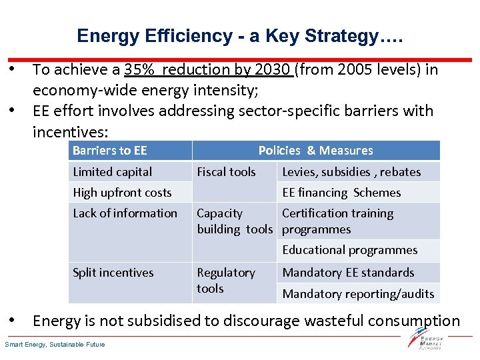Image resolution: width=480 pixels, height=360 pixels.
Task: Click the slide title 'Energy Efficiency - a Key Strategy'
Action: [239, 36]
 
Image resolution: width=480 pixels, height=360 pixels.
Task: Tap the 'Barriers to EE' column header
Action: [110, 151]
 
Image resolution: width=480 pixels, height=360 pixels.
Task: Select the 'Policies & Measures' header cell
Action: [315, 151]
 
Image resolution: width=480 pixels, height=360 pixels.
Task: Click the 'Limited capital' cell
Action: [112, 172]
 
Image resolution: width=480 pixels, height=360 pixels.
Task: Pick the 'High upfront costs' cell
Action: [122, 193]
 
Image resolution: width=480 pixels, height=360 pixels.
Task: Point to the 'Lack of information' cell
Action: [125, 213]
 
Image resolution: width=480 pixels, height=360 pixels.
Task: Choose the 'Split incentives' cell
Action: [113, 273]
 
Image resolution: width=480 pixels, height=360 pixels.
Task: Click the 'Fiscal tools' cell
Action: [226, 172]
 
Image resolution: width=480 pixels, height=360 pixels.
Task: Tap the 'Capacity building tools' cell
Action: [235, 221]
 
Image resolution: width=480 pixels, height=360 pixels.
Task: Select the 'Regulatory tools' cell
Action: [226, 281]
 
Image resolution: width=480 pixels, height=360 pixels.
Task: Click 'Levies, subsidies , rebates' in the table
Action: [351, 172]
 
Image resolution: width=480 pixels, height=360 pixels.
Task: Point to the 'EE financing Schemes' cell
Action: [341, 193]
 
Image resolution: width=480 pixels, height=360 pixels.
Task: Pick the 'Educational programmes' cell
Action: [349, 250]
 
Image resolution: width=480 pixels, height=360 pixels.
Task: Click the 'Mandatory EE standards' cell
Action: [348, 273]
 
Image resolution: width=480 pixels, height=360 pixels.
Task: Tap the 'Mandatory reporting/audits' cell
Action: [358, 293]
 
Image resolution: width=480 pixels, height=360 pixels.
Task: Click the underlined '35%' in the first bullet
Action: [138, 69]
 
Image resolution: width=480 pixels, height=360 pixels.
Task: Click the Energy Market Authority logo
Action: [427, 341]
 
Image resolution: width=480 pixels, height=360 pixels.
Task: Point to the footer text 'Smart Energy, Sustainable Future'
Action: [55, 345]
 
